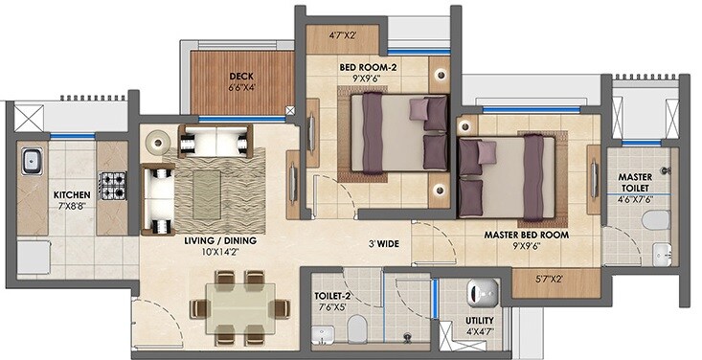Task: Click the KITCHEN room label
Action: pos(72,193)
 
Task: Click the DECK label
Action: pos(239,76)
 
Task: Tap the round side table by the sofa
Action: pos(156,139)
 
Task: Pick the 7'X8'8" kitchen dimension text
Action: pos(72,206)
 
